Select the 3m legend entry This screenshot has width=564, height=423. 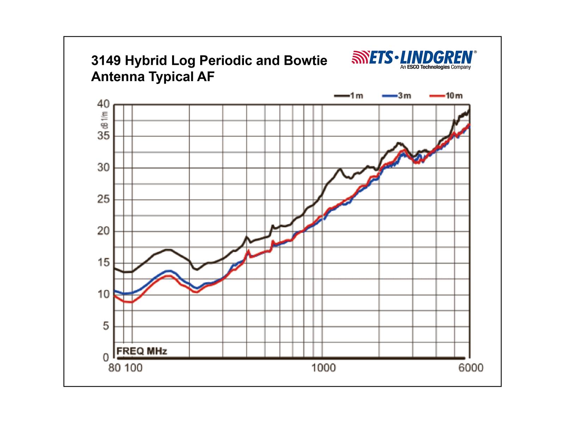(397, 96)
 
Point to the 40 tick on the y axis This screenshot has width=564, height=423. (103, 104)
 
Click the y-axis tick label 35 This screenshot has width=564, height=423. (103, 136)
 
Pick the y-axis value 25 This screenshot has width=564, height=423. (103, 199)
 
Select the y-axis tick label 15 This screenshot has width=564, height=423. (103, 263)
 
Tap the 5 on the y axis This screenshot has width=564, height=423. (106, 326)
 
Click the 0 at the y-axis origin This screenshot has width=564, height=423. (106, 357)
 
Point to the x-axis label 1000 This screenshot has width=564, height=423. (323, 368)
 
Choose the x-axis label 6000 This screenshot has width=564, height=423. (471, 368)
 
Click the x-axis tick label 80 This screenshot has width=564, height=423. (114, 368)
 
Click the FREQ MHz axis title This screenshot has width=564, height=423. (142, 351)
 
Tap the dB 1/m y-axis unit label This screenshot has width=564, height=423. (104, 120)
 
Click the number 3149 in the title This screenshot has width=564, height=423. (106, 61)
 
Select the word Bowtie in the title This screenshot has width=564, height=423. (305, 61)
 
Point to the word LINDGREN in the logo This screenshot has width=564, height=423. (437, 57)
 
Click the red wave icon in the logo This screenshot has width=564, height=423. (360, 57)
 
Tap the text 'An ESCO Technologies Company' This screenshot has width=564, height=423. (435, 67)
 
